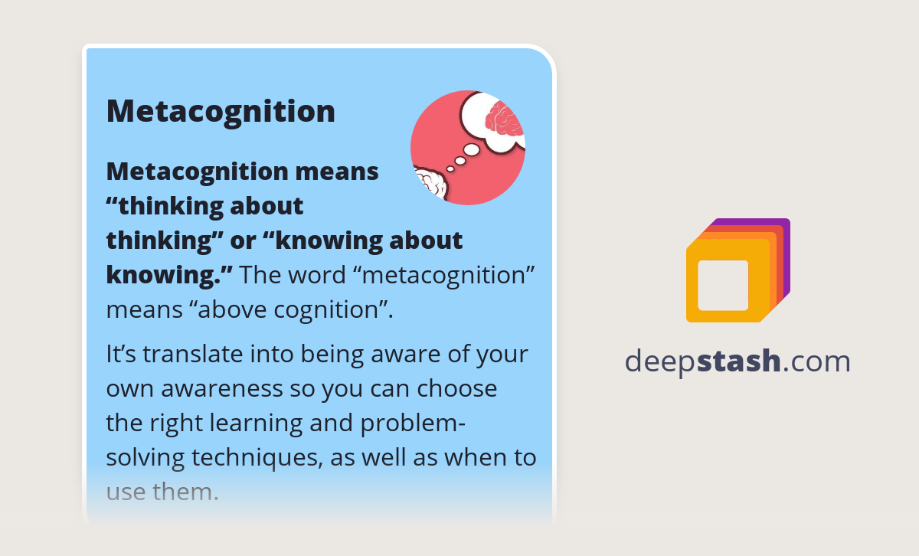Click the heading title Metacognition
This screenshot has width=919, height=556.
(221, 112)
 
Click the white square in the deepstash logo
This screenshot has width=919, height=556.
(723, 286)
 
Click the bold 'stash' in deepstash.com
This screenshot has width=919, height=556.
(739, 361)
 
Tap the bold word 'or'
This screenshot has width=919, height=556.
(243, 240)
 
